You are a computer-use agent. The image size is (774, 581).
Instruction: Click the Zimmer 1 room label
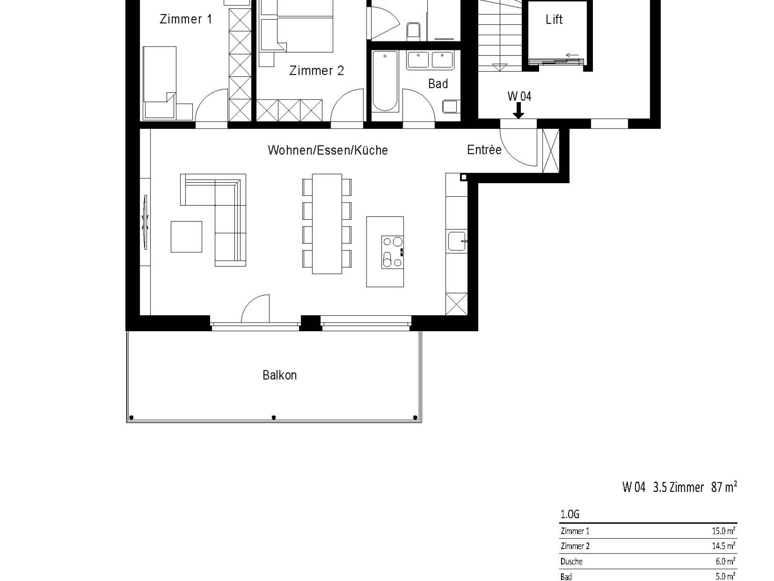point(186,19)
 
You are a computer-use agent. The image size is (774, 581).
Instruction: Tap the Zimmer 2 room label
point(317,70)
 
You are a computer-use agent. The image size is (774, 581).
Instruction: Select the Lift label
point(554,19)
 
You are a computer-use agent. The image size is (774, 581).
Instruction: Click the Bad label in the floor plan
point(438,84)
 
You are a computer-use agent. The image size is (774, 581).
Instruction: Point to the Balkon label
point(279,375)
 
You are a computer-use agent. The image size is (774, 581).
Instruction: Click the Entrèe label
point(484,150)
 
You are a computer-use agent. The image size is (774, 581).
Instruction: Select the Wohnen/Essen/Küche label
point(328,150)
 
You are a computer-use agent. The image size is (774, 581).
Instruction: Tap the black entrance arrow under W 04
point(518,111)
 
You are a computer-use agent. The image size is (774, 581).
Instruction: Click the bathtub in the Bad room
point(385,81)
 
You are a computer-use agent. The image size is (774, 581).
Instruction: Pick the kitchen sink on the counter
point(457,241)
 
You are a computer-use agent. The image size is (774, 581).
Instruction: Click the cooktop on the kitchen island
point(392,252)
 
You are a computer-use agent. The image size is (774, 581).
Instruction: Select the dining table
point(327,224)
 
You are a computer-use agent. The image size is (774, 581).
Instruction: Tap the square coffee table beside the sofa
point(187,237)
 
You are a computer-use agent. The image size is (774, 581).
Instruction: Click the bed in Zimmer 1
point(160,83)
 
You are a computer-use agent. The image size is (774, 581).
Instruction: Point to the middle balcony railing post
point(274,418)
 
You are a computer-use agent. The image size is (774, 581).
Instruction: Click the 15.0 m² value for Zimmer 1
point(724,531)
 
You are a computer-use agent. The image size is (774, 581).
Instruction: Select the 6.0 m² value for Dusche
point(725,561)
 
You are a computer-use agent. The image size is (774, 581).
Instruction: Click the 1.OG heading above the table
point(570,514)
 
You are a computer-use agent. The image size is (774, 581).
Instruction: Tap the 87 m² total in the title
point(724,487)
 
